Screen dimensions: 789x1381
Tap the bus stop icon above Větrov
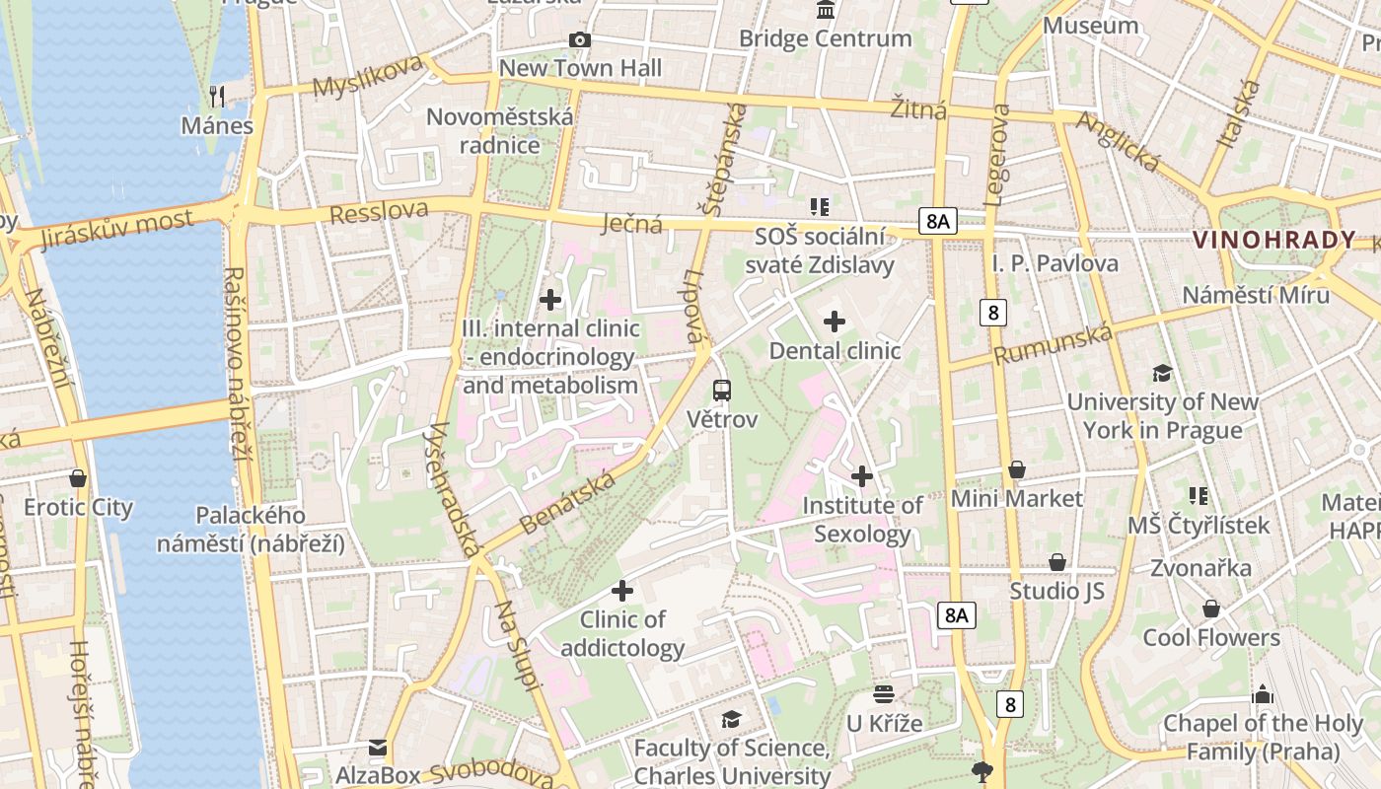click(x=722, y=390)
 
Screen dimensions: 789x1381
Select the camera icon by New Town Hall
click(x=580, y=39)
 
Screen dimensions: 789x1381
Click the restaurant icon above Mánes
click(x=218, y=96)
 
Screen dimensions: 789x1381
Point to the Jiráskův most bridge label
click(x=117, y=230)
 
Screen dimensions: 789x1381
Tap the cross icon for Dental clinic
click(x=835, y=322)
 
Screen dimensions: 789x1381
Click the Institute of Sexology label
click(x=862, y=520)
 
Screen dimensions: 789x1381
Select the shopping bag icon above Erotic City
click(x=78, y=478)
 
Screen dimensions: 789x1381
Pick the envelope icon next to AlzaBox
click(x=378, y=748)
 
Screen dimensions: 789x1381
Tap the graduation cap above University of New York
click(x=1163, y=373)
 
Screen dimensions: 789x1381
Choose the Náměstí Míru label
click(x=1256, y=295)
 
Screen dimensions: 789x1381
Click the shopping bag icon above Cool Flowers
click(x=1211, y=609)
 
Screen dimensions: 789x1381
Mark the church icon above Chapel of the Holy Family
click(x=1263, y=694)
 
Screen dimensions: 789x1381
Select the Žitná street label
click(x=918, y=108)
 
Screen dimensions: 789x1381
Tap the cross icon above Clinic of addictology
click(x=622, y=591)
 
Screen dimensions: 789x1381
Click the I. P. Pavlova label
click(x=1054, y=263)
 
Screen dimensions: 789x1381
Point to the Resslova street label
click(x=379, y=212)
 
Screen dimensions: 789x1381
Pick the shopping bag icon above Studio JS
click(x=1057, y=562)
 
